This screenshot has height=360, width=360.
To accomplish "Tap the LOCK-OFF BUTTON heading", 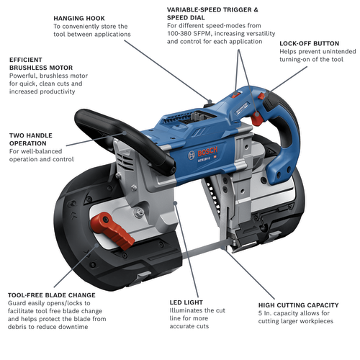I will coord(307,44).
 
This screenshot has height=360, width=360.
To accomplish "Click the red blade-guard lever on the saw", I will coord(117,230).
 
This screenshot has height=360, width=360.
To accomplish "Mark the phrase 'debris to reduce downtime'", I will coord(49,327).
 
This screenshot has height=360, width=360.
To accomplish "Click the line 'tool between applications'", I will coord(91,35).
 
